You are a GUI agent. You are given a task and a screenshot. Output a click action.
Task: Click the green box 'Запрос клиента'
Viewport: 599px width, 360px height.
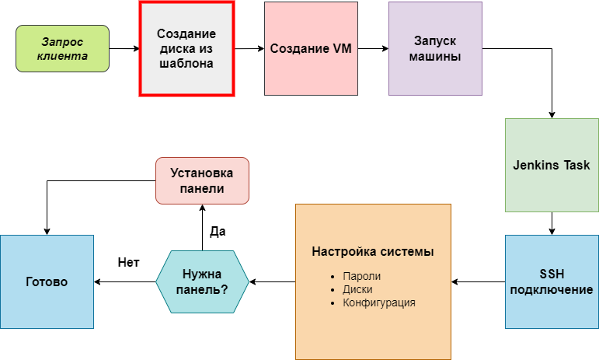[x=62, y=48]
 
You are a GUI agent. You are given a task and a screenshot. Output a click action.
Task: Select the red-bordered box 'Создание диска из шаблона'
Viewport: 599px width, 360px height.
[x=186, y=48]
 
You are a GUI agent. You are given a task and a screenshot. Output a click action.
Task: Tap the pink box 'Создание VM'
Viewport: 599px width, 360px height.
[x=311, y=48]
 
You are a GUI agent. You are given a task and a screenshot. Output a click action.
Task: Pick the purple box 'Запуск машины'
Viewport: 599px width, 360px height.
[x=436, y=48]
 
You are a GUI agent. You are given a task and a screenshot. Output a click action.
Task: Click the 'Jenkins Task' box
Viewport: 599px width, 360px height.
[x=552, y=165]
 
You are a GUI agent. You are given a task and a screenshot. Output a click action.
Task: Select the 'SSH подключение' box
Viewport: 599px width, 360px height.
[x=552, y=281]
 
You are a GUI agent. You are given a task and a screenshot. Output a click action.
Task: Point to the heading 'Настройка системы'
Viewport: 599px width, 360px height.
[x=373, y=251]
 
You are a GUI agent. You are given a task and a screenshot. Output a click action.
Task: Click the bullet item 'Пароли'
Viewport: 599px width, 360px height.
[x=361, y=276]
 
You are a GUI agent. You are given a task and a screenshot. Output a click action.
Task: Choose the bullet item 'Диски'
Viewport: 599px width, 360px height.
[x=357, y=289]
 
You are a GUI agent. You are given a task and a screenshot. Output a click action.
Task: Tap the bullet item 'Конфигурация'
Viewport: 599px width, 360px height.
[x=378, y=302]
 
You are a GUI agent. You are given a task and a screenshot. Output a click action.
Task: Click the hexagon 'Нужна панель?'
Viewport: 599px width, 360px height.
[x=202, y=281]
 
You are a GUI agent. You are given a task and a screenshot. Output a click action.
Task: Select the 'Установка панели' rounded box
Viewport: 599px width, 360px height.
[x=202, y=180]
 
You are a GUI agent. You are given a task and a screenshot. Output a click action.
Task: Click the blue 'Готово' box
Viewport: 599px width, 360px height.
[x=47, y=281]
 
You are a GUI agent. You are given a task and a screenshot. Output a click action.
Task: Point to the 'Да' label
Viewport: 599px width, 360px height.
[x=218, y=231]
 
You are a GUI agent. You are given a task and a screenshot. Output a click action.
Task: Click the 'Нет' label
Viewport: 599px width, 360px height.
[x=128, y=262]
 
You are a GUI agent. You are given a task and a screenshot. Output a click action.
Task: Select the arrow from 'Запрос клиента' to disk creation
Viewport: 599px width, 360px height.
[x=124, y=48]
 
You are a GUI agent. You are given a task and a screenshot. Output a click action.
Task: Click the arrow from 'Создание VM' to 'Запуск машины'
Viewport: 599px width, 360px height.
[x=373, y=48]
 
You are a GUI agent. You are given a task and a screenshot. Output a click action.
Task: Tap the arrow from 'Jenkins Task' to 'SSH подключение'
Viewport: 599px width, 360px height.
[x=552, y=223]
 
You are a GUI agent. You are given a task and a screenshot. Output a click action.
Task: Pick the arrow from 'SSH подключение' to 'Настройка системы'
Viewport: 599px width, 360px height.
[x=478, y=282]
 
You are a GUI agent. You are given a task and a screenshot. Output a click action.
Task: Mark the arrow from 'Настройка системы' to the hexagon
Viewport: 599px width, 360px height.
[x=273, y=282]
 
